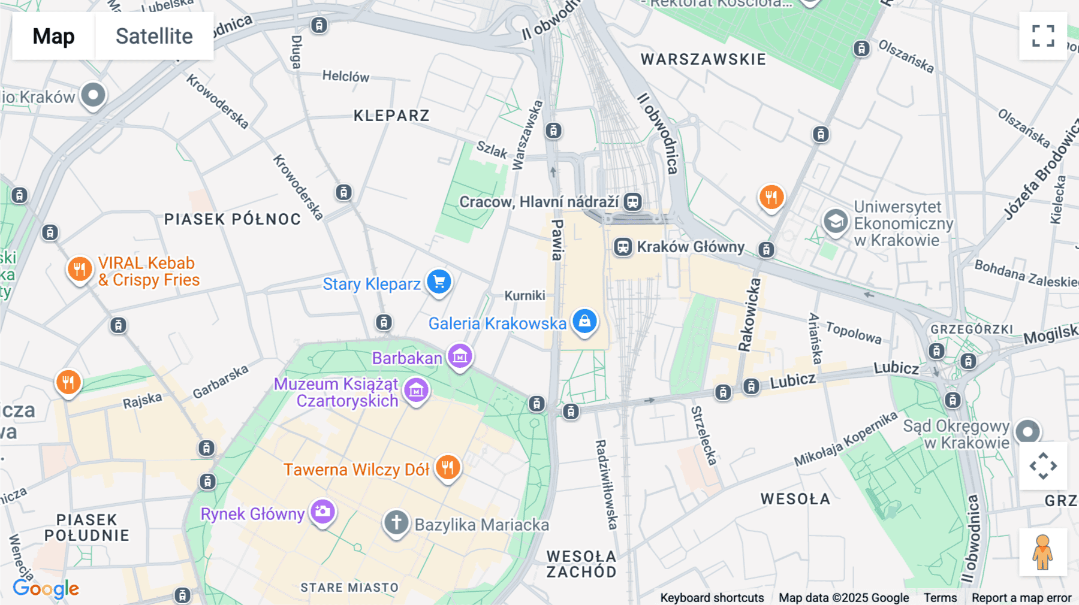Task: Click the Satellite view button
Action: tap(154, 36)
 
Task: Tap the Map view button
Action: tap(53, 36)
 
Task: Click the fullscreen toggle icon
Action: tap(1043, 36)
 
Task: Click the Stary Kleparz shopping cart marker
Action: tap(439, 282)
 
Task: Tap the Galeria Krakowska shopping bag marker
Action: tap(584, 322)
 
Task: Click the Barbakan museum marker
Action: tap(460, 356)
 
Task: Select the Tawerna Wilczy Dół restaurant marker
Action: tap(448, 467)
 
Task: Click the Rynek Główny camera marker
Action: tap(323, 512)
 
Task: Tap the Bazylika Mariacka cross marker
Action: tap(396, 522)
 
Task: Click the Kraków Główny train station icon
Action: tap(623, 247)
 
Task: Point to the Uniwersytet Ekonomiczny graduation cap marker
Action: tap(835, 222)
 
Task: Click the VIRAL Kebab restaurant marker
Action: tap(79, 269)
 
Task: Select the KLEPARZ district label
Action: tap(391, 116)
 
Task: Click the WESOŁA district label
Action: tap(795, 499)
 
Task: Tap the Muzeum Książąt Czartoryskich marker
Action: tap(416, 391)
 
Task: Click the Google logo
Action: tap(46, 589)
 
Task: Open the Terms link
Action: tap(939, 598)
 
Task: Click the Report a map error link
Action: tap(1021, 598)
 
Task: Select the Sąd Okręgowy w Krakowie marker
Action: tap(1027, 431)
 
